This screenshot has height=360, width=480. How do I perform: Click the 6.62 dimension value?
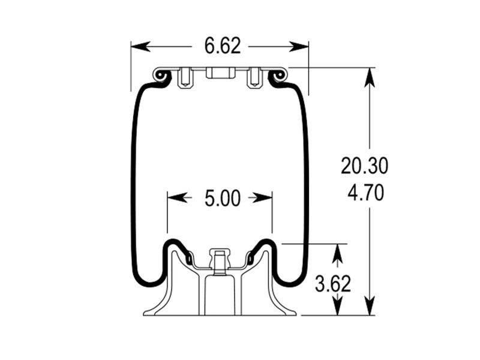tap(222, 46)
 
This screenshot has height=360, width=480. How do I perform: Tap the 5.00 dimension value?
tap(222, 198)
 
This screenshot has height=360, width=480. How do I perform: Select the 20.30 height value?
tap(365, 166)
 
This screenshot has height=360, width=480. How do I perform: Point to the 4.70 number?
tap(365, 193)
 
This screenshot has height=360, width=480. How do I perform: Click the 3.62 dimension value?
tap(333, 283)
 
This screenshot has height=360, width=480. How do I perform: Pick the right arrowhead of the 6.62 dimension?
tap(301, 46)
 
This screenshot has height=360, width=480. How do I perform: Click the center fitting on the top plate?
tap(220, 73)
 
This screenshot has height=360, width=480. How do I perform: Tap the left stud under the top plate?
tap(185, 78)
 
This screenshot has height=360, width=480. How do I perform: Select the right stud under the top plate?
tap(254, 78)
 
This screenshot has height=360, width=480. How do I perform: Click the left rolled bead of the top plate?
tap(160, 76)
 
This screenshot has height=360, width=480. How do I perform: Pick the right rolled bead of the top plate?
tap(278, 76)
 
